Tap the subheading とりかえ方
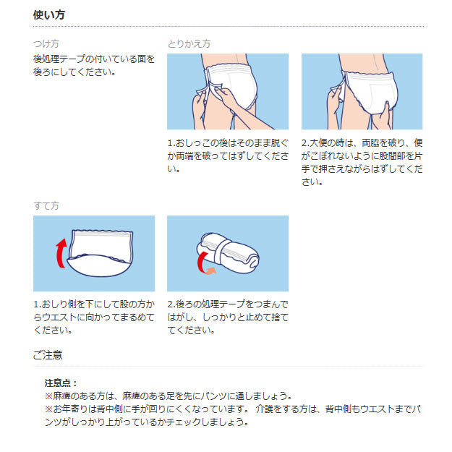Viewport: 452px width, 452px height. tap(189, 43)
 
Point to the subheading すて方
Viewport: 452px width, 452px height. tap(46, 206)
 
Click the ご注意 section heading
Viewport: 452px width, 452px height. tap(48, 354)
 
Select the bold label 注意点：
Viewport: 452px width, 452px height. tap(61, 383)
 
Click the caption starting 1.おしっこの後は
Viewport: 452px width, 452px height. tap(227, 155)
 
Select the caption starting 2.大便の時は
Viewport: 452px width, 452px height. tap(362, 162)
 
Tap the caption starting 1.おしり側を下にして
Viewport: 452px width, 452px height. tap(94, 317)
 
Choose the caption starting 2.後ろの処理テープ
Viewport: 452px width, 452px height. tap(227, 317)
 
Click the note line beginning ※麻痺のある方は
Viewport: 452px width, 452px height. tap(169, 396)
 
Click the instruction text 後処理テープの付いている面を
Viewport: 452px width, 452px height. tap(94, 59)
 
